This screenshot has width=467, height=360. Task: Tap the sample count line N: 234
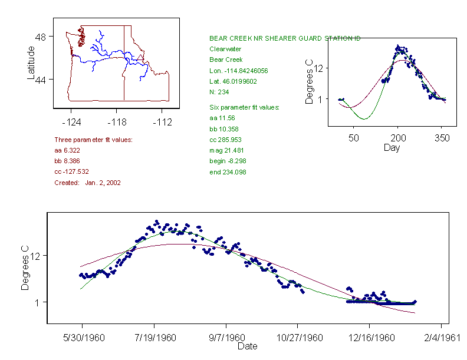click(219, 92)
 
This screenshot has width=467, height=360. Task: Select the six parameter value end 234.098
click(228, 172)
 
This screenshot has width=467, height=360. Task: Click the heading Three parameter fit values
click(93, 140)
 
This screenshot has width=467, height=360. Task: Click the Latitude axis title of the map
click(31, 62)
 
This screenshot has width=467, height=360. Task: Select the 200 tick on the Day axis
click(398, 138)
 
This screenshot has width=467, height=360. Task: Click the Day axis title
click(392, 148)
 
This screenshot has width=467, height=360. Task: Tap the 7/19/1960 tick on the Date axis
click(154, 339)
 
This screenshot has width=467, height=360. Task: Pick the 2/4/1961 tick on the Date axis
click(441, 339)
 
